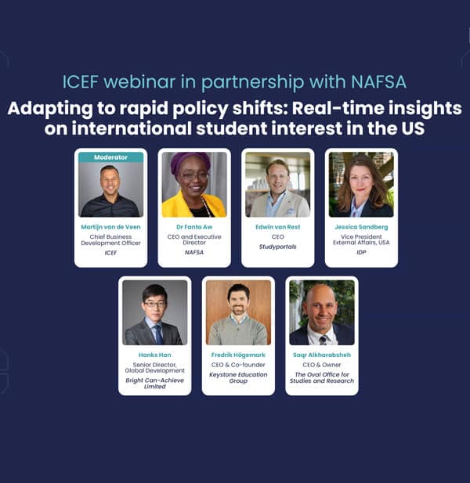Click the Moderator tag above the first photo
110,157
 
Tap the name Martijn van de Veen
110,227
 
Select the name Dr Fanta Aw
194,227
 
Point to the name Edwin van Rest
277,227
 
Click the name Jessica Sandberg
361,227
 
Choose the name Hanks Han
155,355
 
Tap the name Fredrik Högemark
238,355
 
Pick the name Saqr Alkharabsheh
322,355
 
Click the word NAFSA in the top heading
378,82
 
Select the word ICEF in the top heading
80,82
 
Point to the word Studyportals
277,247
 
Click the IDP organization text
361,252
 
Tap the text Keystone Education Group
238,377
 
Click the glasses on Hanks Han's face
154,305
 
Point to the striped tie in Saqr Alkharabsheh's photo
323,340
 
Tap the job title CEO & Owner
322,365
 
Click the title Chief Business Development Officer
110,240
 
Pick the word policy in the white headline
201,109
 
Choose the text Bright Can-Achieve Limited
155,384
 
